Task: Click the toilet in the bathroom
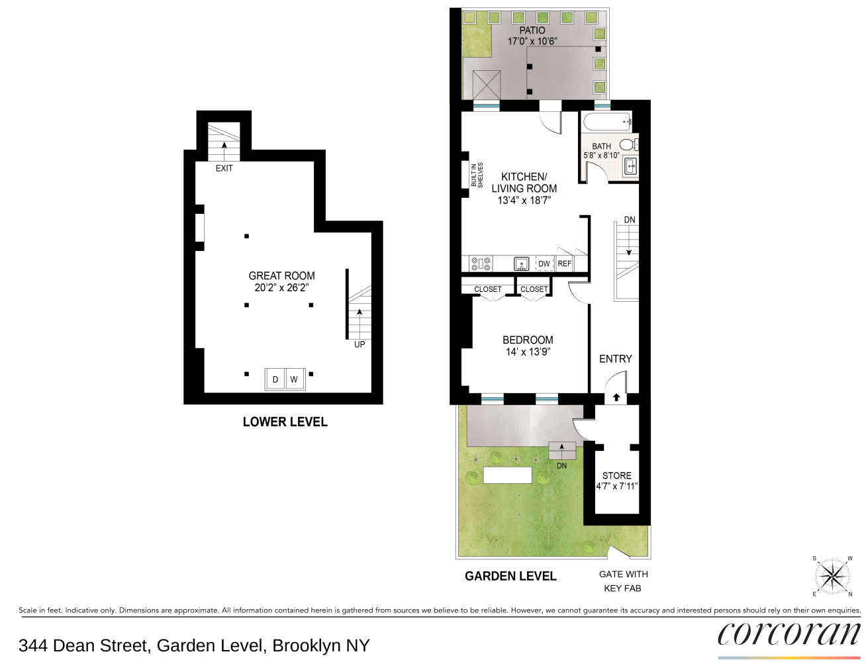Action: click(629, 144)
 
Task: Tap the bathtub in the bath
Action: click(607, 122)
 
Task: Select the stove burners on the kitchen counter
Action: click(481, 263)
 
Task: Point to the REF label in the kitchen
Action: click(564, 263)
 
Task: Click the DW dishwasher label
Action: click(544, 263)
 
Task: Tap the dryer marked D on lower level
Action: click(275, 379)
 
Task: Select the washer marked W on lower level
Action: click(294, 379)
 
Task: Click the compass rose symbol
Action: click(832, 576)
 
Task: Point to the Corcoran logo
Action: click(789, 634)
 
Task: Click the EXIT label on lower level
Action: click(224, 168)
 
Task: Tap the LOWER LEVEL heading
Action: click(285, 422)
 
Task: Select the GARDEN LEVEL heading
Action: click(510, 576)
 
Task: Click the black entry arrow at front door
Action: click(616, 397)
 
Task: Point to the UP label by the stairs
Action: click(359, 344)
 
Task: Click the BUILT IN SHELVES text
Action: click(477, 175)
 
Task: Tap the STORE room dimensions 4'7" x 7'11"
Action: click(616, 487)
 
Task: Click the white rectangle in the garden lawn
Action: click(507, 475)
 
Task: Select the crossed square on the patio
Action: click(487, 85)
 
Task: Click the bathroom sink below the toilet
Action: click(630, 166)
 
